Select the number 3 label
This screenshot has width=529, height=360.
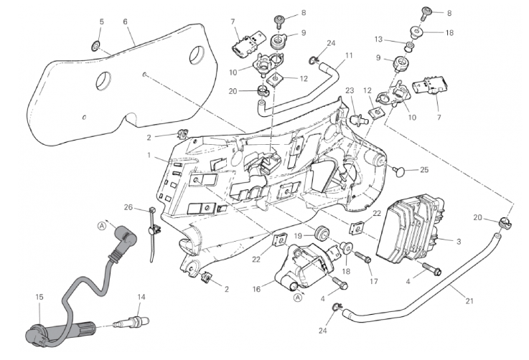[x=459, y=242]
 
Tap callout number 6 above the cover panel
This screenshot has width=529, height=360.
[x=126, y=22]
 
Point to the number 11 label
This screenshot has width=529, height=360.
[x=348, y=55]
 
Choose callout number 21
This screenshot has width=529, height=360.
[x=469, y=301]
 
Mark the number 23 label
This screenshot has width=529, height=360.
[x=350, y=91]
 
